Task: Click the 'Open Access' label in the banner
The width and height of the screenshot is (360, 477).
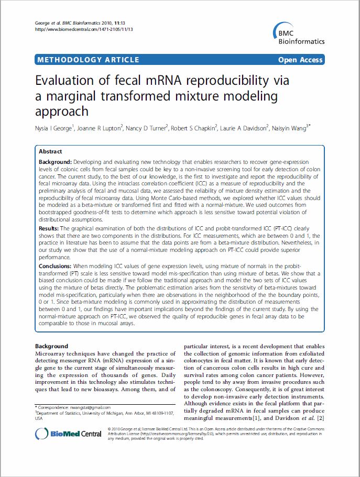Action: pos(300,60)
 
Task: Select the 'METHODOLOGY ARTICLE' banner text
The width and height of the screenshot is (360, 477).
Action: pos(88,60)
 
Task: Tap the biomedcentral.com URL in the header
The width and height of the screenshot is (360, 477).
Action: pos(83,29)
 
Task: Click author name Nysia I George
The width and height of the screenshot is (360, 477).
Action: pos(54,127)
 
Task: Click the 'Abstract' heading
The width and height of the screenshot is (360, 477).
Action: pos(50,151)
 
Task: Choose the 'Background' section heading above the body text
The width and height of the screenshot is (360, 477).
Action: pos(51,346)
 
